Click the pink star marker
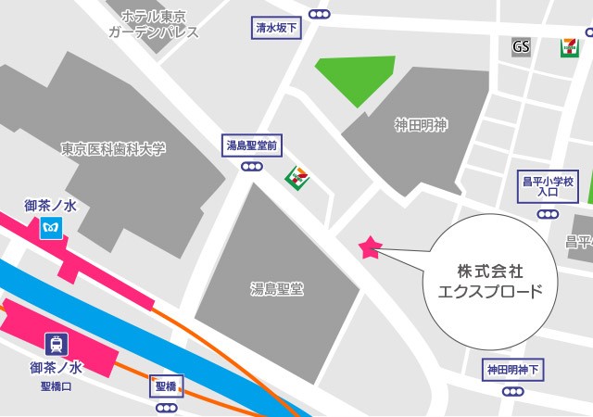(370, 246)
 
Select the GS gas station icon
(522, 46)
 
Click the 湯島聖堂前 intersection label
(252, 145)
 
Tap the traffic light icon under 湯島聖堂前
(251, 167)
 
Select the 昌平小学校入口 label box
(548, 186)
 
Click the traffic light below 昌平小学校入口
(548, 214)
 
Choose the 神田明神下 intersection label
(513, 370)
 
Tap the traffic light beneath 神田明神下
(512, 391)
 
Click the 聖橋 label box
(167, 385)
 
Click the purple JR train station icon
(57, 344)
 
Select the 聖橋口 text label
(56, 385)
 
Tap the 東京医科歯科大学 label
(113, 148)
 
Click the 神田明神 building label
(421, 125)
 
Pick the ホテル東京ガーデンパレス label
(154, 25)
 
